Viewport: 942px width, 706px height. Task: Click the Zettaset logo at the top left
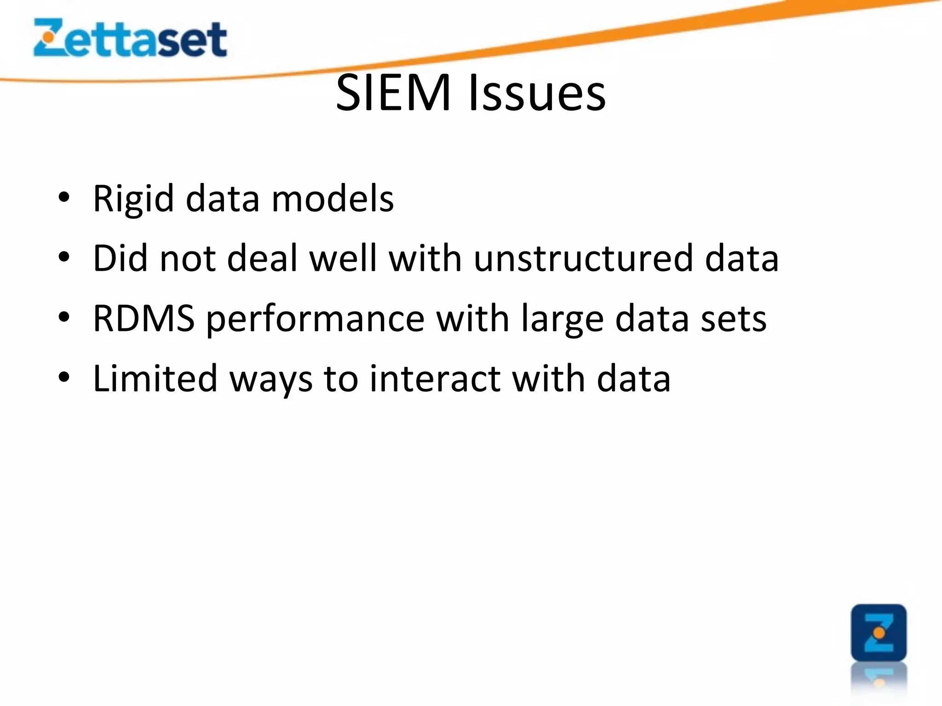(130, 38)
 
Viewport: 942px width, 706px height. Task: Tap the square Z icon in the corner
(879, 632)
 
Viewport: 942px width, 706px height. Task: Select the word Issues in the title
(537, 93)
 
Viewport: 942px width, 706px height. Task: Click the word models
(333, 199)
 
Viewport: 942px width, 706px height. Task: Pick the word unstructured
(583, 258)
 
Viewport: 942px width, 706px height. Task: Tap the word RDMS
(144, 318)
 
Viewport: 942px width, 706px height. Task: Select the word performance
(315, 319)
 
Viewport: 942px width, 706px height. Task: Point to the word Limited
(155, 378)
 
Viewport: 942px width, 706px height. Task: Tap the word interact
(435, 378)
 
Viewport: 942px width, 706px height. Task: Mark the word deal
(262, 258)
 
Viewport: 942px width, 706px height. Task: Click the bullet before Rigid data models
(64, 198)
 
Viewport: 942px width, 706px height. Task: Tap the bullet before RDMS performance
(64, 317)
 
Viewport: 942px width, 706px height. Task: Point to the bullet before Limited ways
(64, 377)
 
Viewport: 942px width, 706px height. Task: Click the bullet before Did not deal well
(64, 257)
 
